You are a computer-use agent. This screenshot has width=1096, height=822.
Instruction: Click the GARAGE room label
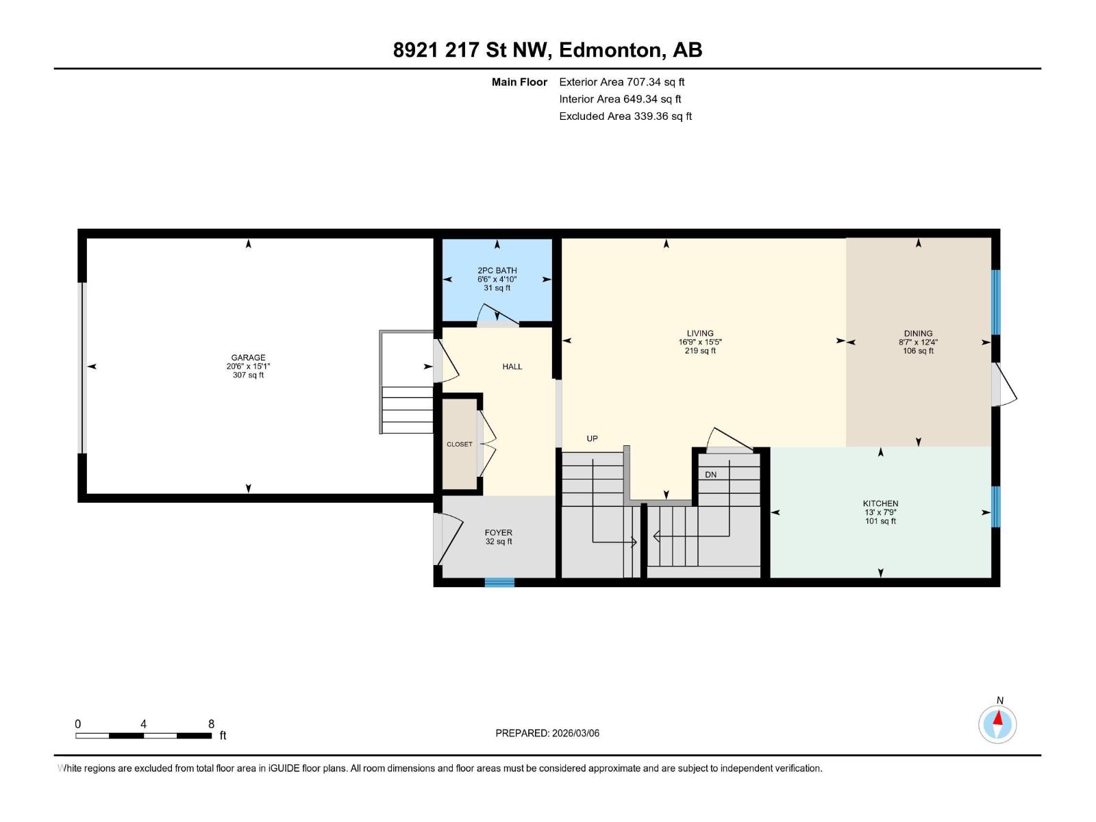[x=248, y=358]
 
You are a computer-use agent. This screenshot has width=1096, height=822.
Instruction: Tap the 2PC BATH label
[x=497, y=271]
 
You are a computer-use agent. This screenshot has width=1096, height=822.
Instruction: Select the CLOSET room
[x=460, y=444]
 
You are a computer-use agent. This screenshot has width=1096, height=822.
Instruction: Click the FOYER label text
[x=498, y=532]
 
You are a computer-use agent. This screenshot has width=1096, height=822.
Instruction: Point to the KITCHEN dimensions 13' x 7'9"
[x=880, y=512]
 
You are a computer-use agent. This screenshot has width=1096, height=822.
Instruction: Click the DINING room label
[x=918, y=334]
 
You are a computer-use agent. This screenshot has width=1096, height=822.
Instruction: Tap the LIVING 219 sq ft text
[x=700, y=351]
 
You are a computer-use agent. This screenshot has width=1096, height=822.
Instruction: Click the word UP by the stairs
[x=592, y=438]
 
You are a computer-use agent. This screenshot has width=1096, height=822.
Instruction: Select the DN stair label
[x=710, y=474]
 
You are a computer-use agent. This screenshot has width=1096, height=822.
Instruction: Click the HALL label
[x=512, y=366]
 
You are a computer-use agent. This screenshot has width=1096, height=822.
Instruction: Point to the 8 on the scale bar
[x=211, y=724]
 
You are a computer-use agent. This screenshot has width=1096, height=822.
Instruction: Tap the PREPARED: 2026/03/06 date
[x=547, y=733]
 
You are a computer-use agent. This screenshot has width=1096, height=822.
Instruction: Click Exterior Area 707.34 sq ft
[x=621, y=82]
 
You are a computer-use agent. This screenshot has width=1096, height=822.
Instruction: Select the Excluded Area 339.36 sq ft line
[x=625, y=116]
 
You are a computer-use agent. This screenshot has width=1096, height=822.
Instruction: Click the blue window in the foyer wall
[x=499, y=582]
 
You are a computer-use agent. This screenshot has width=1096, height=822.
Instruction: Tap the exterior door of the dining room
[x=1004, y=385]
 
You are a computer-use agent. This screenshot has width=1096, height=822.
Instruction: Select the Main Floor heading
[x=519, y=82]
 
